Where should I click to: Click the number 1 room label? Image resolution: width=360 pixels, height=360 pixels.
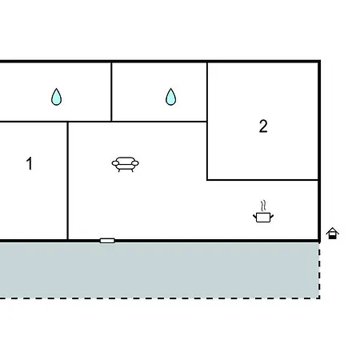(30, 163)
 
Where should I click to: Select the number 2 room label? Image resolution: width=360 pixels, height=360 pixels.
(263, 126)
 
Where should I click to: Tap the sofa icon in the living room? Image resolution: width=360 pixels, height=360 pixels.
(126, 164)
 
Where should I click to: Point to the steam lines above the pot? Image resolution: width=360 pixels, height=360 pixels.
(263, 206)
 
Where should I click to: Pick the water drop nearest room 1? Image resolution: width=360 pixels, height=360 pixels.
(56, 97)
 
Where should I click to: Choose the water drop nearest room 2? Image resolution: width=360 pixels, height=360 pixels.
(170, 97)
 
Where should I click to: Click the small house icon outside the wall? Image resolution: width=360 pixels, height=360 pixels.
(333, 234)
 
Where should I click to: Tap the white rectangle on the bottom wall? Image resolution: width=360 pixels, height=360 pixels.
(107, 241)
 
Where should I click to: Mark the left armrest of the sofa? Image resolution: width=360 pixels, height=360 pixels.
(115, 163)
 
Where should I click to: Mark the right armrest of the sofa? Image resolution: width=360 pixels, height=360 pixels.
(135, 163)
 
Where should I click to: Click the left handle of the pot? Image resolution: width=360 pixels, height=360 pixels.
(254, 216)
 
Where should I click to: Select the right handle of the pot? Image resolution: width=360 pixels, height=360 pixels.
(272, 216)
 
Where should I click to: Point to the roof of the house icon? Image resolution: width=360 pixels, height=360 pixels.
(333, 230)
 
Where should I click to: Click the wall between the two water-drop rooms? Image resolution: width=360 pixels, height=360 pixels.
(111, 92)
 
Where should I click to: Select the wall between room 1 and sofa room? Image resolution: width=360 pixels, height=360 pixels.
(68, 181)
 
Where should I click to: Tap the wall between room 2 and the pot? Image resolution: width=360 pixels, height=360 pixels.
(262, 180)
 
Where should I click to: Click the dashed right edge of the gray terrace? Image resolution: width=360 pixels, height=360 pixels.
(319, 270)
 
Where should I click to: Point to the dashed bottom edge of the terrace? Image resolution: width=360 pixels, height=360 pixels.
(160, 298)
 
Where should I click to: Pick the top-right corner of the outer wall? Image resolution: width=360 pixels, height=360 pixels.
(319, 62)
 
